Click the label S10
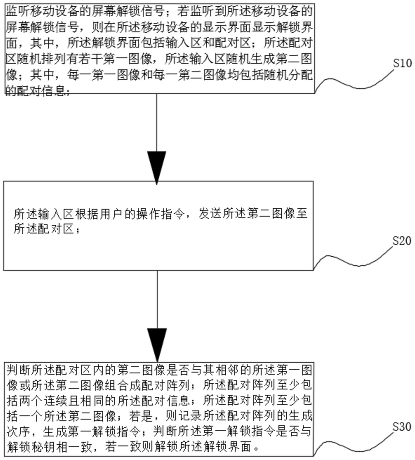[x=402, y=63]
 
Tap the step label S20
[x=402, y=241]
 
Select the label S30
[x=402, y=426]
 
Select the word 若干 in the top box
[x=91, y=59]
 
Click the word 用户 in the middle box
[x=112, y=214]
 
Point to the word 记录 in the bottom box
[x=178, y=416]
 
